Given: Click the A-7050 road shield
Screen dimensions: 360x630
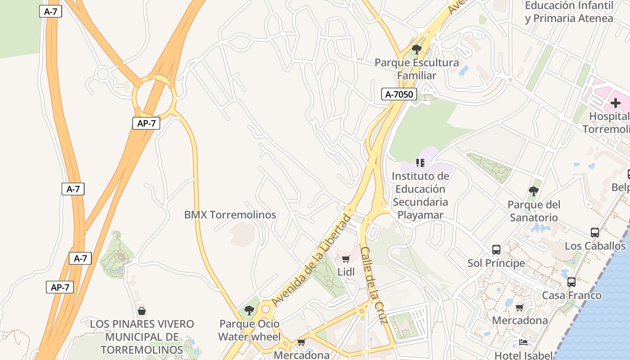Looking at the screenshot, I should point(399,94).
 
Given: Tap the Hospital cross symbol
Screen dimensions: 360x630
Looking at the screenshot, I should point(615,103).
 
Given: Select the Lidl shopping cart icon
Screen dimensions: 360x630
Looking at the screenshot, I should point(346,259).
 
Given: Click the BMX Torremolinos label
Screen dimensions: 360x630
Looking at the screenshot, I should point(230,215).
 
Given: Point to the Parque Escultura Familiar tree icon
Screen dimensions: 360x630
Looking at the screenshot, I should point(417,49).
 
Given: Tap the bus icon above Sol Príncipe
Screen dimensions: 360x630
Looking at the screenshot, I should point(496,249).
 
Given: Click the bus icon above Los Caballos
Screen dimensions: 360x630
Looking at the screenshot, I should point(595,233).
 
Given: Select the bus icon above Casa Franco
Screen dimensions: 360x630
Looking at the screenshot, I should point(571,282).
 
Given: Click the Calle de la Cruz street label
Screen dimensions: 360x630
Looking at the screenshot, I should point(374,285).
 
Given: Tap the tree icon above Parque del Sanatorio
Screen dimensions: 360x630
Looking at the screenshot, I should point(533,191).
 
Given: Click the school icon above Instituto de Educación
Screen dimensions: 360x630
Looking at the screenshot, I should point(420,162).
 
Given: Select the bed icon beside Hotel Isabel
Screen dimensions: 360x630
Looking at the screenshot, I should point(523,342).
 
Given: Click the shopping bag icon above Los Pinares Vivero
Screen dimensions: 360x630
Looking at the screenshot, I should point(142,311).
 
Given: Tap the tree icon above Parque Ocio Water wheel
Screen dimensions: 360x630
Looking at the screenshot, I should point(249,310).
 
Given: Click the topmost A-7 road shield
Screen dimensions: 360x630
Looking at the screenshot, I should point(50,12).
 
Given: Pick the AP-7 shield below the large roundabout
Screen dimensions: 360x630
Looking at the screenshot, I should point(146,123).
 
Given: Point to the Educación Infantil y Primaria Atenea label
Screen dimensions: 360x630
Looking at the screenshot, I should point(569,12).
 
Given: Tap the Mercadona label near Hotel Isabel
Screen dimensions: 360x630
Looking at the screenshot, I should point(520,320).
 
